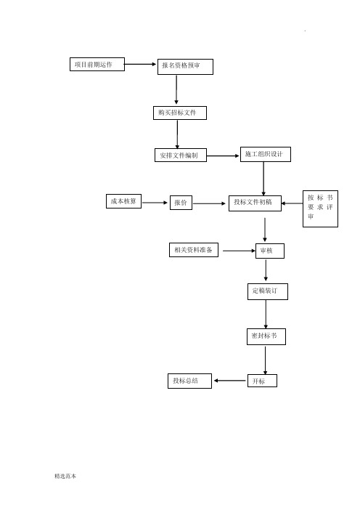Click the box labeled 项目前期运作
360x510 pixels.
click(97, 65)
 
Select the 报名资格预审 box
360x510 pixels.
click(186, 67)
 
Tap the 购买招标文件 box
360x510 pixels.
click(180, 113)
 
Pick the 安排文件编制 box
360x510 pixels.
click(181, 155)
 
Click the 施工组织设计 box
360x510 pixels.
click(266, 154)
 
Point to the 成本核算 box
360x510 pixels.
click(124, 201)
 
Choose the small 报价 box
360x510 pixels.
click(181, 203)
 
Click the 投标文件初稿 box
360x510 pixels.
click(255, 203)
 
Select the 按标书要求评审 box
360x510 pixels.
click(320, 209)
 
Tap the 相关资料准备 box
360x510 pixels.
click(194, 250)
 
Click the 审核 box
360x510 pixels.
click(270, 251)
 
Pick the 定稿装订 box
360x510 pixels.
click(268, 291)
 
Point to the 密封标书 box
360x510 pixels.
click(266, 336)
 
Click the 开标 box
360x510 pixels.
click(262, 381)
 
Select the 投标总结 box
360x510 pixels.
click(189, 381)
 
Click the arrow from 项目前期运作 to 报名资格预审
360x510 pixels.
click(141, 65)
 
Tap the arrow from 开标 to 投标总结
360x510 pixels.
click(230, 381)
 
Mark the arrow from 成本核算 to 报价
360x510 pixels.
click(155, 203)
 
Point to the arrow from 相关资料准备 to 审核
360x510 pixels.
click(240, 251)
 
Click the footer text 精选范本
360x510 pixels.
click(65, 476)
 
